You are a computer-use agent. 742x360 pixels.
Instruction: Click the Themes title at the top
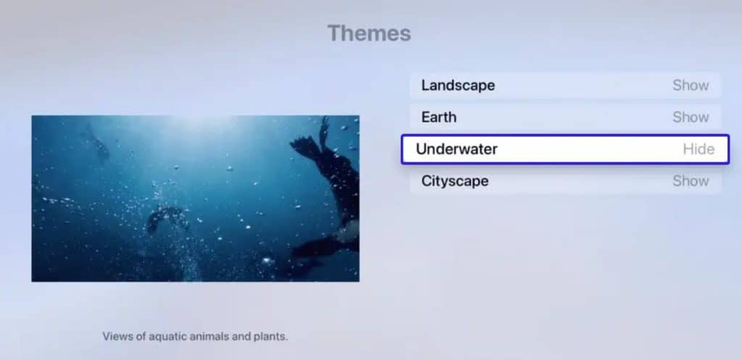point(369,33)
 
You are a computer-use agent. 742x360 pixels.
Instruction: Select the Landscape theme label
point(458,85)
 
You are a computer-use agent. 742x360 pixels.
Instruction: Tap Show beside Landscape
point(690,85)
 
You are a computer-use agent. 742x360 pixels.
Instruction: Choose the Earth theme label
point(438,117)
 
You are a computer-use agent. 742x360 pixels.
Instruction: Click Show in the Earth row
point(690,117)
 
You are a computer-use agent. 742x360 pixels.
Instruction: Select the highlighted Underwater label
point(457,149)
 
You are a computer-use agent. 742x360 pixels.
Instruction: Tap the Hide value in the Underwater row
point(699,149)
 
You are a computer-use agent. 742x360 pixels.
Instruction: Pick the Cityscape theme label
point(454,181)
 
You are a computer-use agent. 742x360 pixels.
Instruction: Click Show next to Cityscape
point(690,181)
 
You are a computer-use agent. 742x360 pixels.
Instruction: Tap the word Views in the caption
point(117,337)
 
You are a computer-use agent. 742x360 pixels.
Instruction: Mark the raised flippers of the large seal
point(316,138)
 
